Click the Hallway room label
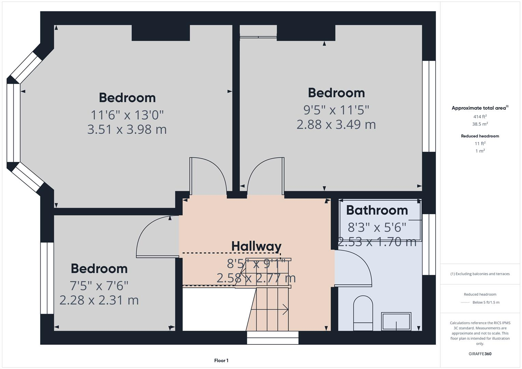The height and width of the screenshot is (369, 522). tap(256, 246)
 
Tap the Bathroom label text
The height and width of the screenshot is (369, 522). tap(377, 210)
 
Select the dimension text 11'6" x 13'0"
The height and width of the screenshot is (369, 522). tap(127, 115)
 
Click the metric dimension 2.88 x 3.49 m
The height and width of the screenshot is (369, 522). tap(336, 124)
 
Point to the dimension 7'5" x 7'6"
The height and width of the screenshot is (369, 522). tap(99, 285)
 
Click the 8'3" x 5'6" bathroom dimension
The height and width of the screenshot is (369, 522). tap(377, 227)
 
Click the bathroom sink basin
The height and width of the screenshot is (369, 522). tap(396, 321)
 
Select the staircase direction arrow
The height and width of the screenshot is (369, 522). tap(284, 310)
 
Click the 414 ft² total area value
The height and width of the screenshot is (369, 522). tap(480, 117)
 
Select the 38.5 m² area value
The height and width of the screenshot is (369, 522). tap(480, 124)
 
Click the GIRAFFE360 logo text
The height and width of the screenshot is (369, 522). tap(480, 354)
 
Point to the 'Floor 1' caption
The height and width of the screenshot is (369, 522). tap(221, 360)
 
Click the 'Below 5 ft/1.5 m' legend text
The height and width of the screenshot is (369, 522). tap(486, 302)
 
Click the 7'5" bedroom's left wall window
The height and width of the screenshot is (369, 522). tap(47, 278)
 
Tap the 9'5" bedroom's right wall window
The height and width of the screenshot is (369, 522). tap(429, 106)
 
